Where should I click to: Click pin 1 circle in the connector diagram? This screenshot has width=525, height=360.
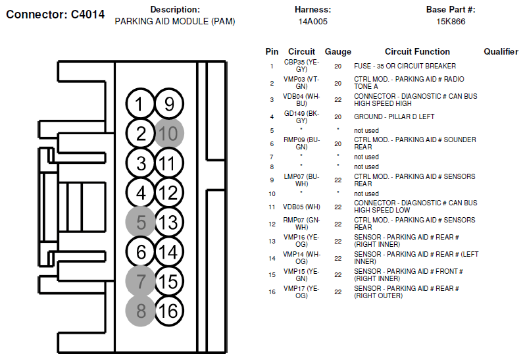coord(140,104)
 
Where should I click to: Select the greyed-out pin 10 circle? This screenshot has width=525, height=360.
coord(169,134)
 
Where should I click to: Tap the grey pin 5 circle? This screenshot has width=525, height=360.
coord(140,222)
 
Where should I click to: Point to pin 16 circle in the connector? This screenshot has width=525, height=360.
coord(169,311)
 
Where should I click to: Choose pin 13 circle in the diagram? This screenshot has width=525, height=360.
coord(169,222)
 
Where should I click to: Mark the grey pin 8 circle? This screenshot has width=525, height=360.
coord(140,311)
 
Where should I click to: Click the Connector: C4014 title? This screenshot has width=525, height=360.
coord(55,14)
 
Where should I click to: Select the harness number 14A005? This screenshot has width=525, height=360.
coord(312,22)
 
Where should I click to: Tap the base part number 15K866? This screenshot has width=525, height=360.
coord(451,22)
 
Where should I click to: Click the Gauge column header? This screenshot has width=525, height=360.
coord(338,52)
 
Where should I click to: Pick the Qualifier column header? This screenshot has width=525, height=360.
coord(501,51)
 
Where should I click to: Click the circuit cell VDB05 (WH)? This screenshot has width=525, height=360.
coord(301,207)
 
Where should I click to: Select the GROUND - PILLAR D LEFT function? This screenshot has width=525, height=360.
coord(394,116)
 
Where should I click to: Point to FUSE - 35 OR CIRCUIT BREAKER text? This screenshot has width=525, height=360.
coord(405,66)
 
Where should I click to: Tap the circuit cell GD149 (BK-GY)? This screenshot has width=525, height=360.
coord(302,117)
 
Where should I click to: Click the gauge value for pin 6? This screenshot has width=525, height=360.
coord(338,143)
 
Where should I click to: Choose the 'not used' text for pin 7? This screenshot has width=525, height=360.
coord(366,157)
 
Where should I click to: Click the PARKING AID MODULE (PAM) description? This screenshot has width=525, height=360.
coord(175,22)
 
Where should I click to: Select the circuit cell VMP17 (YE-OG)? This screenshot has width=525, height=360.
coord(301,292)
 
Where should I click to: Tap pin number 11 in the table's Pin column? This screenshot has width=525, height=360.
coord(272,207)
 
